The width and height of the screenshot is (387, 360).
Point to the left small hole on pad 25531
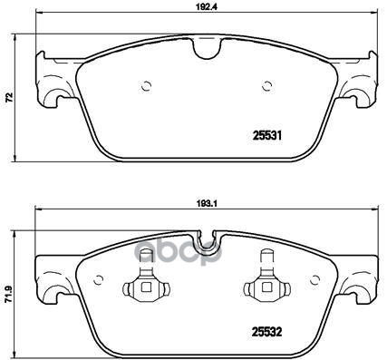(147, 88)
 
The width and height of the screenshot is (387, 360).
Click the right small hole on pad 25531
(267, 88)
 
